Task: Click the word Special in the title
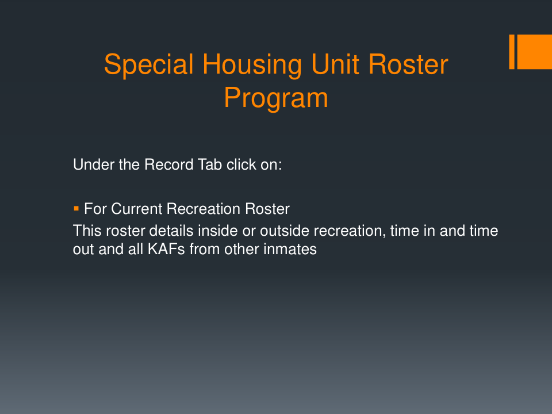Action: pyautogui.click(x=149, y=65)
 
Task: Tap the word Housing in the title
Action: pyautogui.click(x=252, y=65)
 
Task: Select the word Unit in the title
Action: pyautogui.click(x=335, y=64)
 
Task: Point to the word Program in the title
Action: pyautogui.click(x=276, y=98)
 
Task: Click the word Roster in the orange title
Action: pyautogui.click(x=408, y=65)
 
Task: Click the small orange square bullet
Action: pyautogui.click(x=76, y=209)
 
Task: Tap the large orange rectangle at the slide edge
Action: pyautogui.click(x=534, y=52)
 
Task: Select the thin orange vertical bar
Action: pyautogui.click(x=512, y=52)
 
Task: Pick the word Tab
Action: pyautogui.click(x=210, y=165)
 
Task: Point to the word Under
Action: pyautogui.click(x=94, y=165)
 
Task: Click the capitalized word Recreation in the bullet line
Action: pyautogui.click(x=204, y=209)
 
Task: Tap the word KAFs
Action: pyautogui.click(x=166, y=249)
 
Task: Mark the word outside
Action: pyautogui.click(x=285, y=231)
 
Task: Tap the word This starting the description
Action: pyautogui.click(x=87, y=231)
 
